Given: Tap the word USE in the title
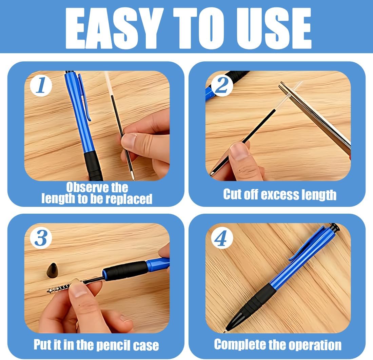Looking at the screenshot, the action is [274, 28].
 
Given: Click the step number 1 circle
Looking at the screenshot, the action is [41, 86].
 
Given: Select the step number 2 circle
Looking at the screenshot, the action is [222, 86].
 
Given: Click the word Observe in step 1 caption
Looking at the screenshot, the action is [87, 188].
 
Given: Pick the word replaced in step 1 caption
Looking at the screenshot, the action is [129, 199].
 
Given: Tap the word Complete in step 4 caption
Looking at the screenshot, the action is [240, 344].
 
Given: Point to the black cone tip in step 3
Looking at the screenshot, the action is [53, 270].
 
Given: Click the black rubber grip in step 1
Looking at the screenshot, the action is [93, 166].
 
